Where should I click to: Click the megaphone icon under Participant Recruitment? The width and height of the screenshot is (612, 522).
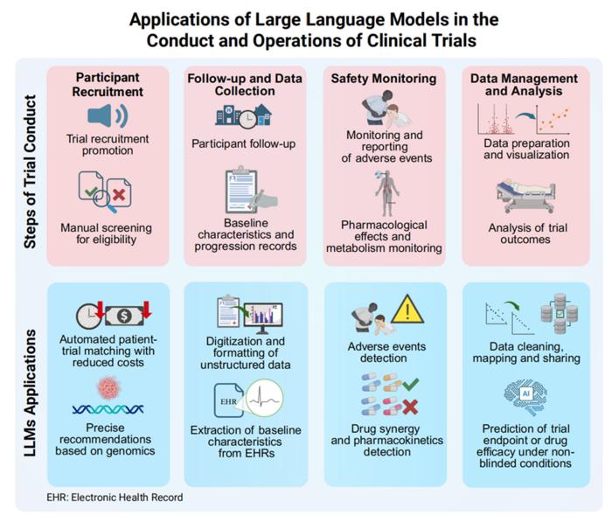point(108,116)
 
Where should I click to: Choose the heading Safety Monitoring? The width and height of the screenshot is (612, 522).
point(383,79)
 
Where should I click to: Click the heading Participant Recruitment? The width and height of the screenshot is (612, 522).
point(108,84)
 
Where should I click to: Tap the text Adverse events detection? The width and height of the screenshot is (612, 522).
point(384,352)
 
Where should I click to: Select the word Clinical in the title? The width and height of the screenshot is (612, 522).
point(383,39)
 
